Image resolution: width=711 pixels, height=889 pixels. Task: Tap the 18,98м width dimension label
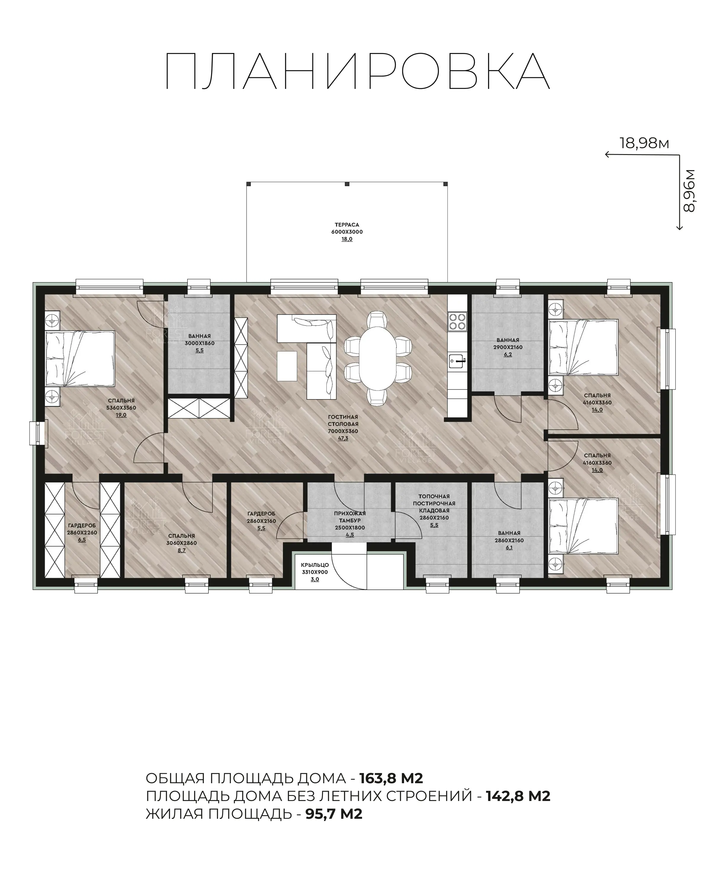[644, 143]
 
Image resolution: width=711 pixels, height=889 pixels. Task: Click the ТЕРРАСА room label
[347, 225]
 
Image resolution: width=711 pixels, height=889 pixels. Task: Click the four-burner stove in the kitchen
[457, 322]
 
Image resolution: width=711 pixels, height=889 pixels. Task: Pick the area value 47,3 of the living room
[343, 438]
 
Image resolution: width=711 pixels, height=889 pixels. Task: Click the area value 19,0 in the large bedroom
[121, 415]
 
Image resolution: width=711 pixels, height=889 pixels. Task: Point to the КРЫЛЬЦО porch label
[315, 565]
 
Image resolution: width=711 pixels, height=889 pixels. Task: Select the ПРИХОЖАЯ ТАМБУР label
[350, 517]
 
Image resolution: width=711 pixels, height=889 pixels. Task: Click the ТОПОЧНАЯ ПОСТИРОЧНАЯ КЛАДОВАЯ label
[434, 503]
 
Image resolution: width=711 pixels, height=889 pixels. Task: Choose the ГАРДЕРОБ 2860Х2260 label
[82, 529]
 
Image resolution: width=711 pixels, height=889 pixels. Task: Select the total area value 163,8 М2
[391, 778]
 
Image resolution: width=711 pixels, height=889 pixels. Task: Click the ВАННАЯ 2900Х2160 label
[508, 344]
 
